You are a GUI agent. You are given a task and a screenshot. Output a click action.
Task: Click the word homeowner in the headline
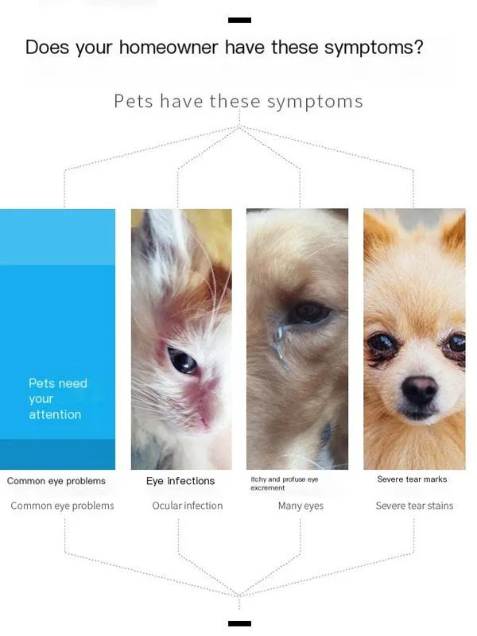tap(169, 47)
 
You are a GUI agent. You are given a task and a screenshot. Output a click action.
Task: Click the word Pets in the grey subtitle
tap(134, 101)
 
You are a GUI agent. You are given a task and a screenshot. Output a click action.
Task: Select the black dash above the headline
tap(239, 20)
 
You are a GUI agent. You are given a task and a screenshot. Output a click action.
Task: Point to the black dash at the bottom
tap(239, 623)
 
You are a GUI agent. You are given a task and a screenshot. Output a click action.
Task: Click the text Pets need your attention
tap(57, 399)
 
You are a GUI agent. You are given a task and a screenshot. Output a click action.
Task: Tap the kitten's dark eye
tap(182, 360)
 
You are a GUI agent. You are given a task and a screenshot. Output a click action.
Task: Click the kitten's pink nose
tap(206, 418)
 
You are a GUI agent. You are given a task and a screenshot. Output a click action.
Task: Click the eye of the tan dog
tap(309, 312)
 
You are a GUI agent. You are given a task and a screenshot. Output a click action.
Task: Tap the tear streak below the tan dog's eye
tap(279, 341)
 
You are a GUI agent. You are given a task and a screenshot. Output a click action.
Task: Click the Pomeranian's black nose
tap(420, 390)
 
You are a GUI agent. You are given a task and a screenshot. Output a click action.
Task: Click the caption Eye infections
tap(180, 481)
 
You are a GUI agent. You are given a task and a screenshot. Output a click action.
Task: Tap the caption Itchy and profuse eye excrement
tap(285, 483)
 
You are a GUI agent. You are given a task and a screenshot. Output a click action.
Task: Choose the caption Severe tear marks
tap(412, 479)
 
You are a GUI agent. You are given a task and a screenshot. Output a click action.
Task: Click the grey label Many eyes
tap(301, 506)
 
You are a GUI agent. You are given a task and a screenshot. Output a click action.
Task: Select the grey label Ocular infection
tap(188, 506)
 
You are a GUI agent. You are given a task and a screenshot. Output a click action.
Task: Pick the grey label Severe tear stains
tap(414, 506)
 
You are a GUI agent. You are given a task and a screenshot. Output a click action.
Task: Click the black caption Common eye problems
tap(56, 481)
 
